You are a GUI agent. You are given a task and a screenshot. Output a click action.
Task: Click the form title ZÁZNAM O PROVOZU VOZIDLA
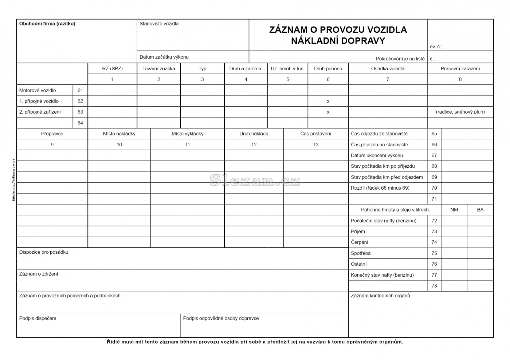(338, 30)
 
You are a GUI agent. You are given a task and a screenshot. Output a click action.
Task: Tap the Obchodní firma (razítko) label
(47, 24)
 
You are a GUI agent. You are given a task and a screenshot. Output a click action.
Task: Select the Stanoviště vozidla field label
(159, 24)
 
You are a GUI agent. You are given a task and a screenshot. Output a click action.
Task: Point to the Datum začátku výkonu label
(164, 57)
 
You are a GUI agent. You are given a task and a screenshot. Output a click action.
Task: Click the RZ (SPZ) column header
(112, 69)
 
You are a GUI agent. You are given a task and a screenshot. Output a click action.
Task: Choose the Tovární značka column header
(158, 69)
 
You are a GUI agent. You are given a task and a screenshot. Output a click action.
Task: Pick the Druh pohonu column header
(328, 69)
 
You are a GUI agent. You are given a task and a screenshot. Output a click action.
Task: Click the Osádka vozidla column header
(388, 69)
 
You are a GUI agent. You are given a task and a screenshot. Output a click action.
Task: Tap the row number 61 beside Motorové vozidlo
(80, 90)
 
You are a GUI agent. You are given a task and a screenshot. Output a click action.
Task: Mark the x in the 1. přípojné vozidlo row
(328, 102)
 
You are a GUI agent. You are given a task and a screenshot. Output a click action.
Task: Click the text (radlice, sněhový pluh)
(460, 112)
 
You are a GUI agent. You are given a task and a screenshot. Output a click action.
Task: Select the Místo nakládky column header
(119, 134)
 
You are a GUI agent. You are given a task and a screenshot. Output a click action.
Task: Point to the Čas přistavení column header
(315, 134)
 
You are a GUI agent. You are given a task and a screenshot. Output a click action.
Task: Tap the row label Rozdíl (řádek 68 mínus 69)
(380, 188)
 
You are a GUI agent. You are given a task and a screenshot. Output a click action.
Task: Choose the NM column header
(454, 210)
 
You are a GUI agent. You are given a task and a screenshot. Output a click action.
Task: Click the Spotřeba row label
(361, 253)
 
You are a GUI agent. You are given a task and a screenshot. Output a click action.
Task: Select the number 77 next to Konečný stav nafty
(434, 275)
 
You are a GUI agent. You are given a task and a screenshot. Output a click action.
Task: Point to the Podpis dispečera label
(38, 319)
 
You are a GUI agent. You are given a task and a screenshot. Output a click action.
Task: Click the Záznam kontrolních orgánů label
(380, 296)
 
